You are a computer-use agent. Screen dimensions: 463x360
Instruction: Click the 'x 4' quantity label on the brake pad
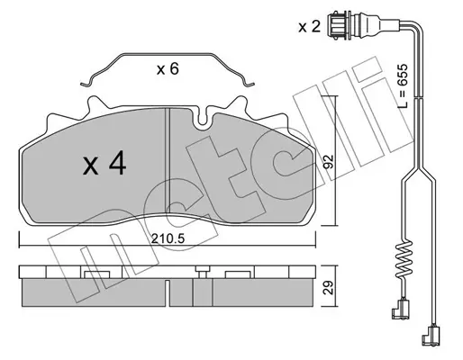104,165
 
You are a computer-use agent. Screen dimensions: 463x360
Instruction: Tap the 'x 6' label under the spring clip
168,69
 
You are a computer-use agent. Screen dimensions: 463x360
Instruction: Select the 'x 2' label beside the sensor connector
310,27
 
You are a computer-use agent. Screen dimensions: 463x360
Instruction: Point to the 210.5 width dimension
168,238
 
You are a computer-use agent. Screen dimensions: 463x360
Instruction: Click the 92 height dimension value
329,162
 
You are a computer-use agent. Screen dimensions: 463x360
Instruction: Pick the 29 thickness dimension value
329,287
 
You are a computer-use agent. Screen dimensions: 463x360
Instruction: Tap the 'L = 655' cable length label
403,85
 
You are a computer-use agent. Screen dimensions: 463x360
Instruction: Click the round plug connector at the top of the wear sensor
340,24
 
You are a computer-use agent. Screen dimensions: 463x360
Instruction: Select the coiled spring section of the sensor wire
403,259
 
